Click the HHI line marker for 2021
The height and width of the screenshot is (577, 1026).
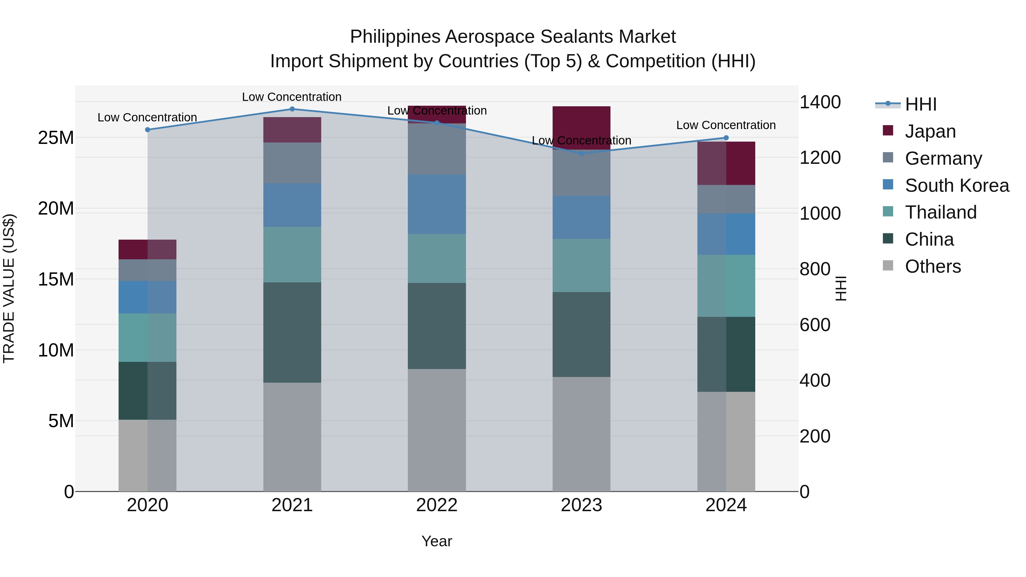click(x=292, y=109)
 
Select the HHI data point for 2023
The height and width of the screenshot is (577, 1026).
click(x=581, y=153)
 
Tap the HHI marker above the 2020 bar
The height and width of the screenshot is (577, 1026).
click(x=147, y=130)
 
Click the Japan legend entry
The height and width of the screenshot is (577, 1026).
click(x=930, y=131)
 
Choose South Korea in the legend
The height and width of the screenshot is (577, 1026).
click(x=957, y=185)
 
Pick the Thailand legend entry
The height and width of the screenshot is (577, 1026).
click(x=940, y=212)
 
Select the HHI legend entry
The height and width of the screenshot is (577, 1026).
click(x=921, y=104)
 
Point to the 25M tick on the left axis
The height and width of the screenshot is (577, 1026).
click(x=56, y=138)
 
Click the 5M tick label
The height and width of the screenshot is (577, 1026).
click(x=61, y=421)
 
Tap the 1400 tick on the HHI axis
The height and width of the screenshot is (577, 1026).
click(x=820, y=102)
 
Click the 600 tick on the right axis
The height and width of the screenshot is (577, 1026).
click(x=815, y=325)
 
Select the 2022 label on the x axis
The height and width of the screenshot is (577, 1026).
click(x=437, y=505)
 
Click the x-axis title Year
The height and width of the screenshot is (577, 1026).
click(x=437, y=541)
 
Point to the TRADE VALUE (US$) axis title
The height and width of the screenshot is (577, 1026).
click(x=9, y=288)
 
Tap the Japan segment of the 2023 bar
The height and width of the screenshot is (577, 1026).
click(x=581, y=127)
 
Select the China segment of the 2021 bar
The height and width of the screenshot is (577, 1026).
click(x=292, y=333)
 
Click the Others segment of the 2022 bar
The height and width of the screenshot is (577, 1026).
click(x=437, y=430)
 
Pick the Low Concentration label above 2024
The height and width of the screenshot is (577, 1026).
click(x=726, y=125)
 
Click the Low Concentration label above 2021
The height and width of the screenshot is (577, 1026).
click(x=292, y=97)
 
